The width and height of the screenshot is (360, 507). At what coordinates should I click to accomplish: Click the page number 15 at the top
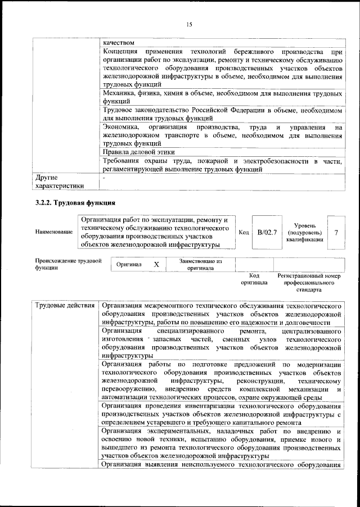click(189, 24)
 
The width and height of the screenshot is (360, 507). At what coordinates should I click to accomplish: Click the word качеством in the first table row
click(119, 42)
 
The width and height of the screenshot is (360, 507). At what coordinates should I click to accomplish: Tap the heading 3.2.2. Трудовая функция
click(75, 201)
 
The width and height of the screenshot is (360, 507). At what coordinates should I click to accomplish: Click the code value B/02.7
click(267, 232)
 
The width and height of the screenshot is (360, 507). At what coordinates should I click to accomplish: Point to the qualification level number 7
click(335, 232)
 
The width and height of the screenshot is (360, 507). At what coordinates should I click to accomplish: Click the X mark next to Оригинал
click(157, 264)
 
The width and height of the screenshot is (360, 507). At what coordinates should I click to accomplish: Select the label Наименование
click(53, 232)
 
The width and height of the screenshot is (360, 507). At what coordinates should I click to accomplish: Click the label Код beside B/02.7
click(244, 232)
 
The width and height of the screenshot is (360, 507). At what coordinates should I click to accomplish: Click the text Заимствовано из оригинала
click(201, 264)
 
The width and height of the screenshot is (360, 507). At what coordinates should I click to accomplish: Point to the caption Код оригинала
click(254, 279)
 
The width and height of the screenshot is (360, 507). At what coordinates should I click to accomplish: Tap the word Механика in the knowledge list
click(122, 93)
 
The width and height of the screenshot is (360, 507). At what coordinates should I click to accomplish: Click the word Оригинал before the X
click(129, 264)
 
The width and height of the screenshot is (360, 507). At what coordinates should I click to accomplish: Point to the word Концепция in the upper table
click(125, 52)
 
